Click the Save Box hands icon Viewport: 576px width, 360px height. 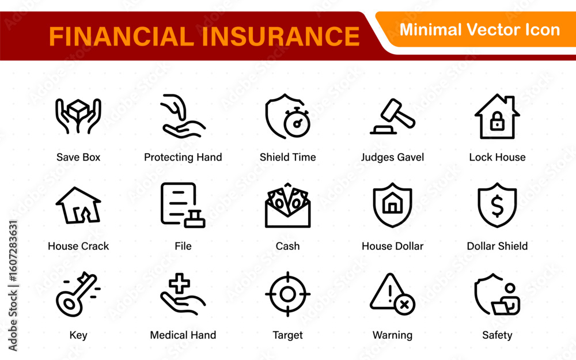coord(78,116)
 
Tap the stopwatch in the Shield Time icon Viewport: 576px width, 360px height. coord(297,122)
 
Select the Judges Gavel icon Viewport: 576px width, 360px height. coord(392,116)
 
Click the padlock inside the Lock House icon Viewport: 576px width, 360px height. coord(497,121)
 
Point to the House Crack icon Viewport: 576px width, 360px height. coord(78,205)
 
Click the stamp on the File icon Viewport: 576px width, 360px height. coord(195,219)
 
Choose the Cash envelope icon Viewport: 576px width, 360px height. coord(287,205)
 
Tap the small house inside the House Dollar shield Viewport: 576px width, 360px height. coord(392,203)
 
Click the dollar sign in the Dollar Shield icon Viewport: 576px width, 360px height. coord(497,206)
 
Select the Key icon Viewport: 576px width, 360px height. coord(77,294)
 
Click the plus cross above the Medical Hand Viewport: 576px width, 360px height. coord(179,283)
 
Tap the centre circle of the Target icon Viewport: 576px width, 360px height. coord(287,294)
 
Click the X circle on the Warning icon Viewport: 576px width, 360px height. coord(404,305)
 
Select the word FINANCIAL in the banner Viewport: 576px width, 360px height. coord(122,36)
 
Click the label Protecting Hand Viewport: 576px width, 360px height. coord(183,157)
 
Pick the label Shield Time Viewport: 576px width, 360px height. coord(287,157)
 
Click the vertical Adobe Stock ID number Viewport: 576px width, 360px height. coord(13,251)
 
